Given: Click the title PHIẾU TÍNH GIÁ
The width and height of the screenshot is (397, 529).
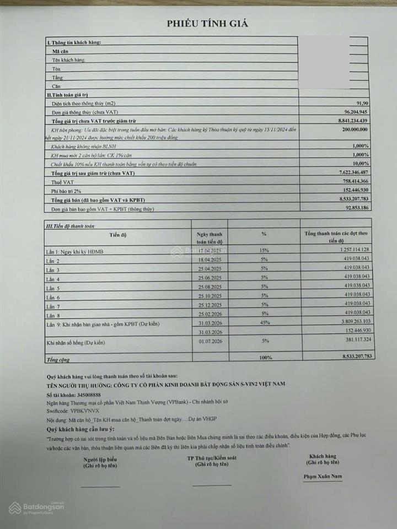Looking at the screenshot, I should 208,23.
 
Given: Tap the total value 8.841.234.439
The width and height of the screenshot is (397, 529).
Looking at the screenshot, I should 349,120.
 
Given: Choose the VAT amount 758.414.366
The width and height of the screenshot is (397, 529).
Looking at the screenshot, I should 351,181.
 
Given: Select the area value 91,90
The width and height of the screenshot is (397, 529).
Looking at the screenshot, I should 361,103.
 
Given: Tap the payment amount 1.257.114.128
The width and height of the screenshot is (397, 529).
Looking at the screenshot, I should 349,251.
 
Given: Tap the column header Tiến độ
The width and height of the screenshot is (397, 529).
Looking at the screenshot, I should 118,235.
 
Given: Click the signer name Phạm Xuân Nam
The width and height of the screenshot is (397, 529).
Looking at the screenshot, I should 323,476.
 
